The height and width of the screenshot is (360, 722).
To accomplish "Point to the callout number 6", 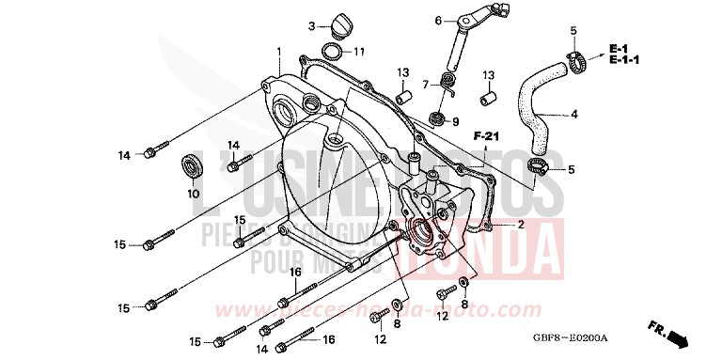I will [x=438, y=20].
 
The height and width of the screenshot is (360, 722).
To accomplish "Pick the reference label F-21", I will [x=486, y=138].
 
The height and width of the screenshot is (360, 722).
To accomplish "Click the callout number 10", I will [x=193, y=195].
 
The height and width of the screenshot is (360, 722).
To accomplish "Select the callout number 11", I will [x=359, y=51].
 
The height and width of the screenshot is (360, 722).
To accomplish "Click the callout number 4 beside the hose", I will [x=574, y=115].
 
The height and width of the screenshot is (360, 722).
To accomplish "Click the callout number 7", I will [x=425, y=85].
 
